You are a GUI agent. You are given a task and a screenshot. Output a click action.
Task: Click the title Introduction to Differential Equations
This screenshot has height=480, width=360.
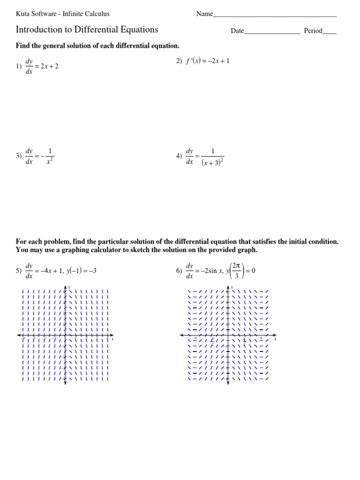(87, 30)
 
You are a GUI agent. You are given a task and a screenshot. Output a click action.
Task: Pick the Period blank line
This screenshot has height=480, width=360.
(330, 31)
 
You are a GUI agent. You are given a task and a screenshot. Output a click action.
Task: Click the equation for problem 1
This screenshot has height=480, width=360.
(42, 67)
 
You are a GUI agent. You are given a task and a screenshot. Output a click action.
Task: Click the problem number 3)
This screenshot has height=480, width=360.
(19, 156)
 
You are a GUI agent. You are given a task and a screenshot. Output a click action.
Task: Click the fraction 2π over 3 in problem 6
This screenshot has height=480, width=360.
(237, 271)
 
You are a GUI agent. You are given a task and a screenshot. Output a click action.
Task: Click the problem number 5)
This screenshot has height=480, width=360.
(19, 271)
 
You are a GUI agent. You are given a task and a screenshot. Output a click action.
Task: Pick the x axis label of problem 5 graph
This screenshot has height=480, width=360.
(112, 338)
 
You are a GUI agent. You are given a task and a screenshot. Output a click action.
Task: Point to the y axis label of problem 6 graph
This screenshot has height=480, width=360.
(232, 286)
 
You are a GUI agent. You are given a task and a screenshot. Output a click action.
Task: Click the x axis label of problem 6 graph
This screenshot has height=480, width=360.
(275, 338)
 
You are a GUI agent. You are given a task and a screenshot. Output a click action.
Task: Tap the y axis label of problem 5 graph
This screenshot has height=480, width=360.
(69, 286)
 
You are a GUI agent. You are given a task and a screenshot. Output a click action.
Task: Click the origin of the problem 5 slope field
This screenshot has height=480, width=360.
(65, 335)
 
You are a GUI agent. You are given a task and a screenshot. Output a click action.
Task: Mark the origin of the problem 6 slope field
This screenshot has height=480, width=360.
(228, 335)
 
